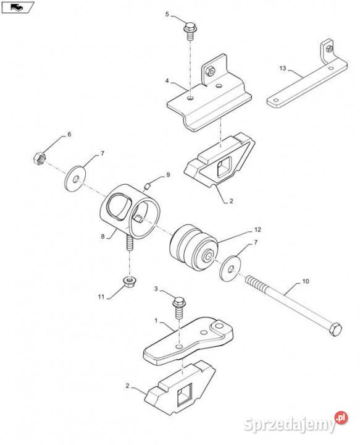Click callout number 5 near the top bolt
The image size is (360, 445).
coord(167,14)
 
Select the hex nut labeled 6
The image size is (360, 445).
coord(40,158)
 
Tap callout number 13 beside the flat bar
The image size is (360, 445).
coord(283,68)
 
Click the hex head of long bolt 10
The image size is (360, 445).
coord(335,329)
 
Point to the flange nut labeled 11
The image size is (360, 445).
coord(130,281)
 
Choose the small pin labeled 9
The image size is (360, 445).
coord(146,187)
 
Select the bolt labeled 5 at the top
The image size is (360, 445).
coord(190,31)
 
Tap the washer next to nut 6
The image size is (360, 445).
coord(76,179)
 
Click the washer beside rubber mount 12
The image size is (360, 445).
coord(230,268)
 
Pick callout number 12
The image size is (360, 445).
coord(257,229)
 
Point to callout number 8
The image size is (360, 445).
coord(103,236)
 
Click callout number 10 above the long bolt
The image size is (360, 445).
coord(306,281)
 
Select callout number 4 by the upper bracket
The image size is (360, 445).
coord(167,81)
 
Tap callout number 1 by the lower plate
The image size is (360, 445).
coord(156,320)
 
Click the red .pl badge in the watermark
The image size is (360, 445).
coord(341,417)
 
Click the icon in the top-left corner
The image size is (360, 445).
coord(17,7)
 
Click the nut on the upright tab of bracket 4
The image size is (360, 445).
coord(210,70)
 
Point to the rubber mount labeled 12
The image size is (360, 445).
coord(194,247)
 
